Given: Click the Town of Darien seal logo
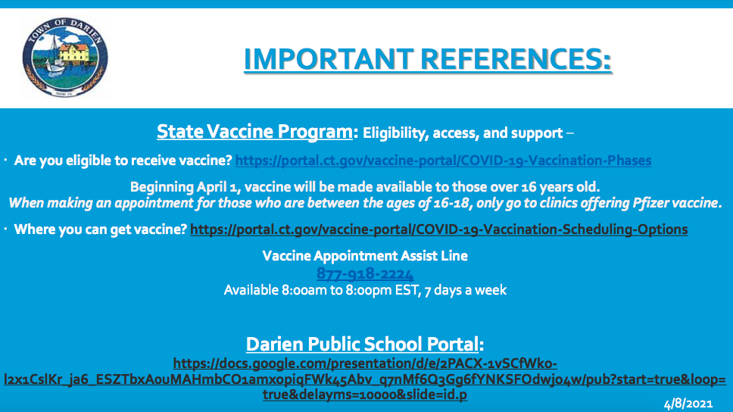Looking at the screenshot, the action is [x=65, y=58].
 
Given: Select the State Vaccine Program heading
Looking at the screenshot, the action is [x=254, y=132].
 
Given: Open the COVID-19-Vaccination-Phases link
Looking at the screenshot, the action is [x=443, y=161].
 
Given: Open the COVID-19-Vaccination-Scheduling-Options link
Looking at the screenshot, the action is [x=439, y=229].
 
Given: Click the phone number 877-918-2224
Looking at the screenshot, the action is [x=365, y=273].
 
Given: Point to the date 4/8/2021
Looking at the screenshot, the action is [x=688, y=404].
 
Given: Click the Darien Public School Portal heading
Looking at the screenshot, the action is [x=362, y=344].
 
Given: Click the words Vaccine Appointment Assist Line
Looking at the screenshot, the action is [x=365, y=256].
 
